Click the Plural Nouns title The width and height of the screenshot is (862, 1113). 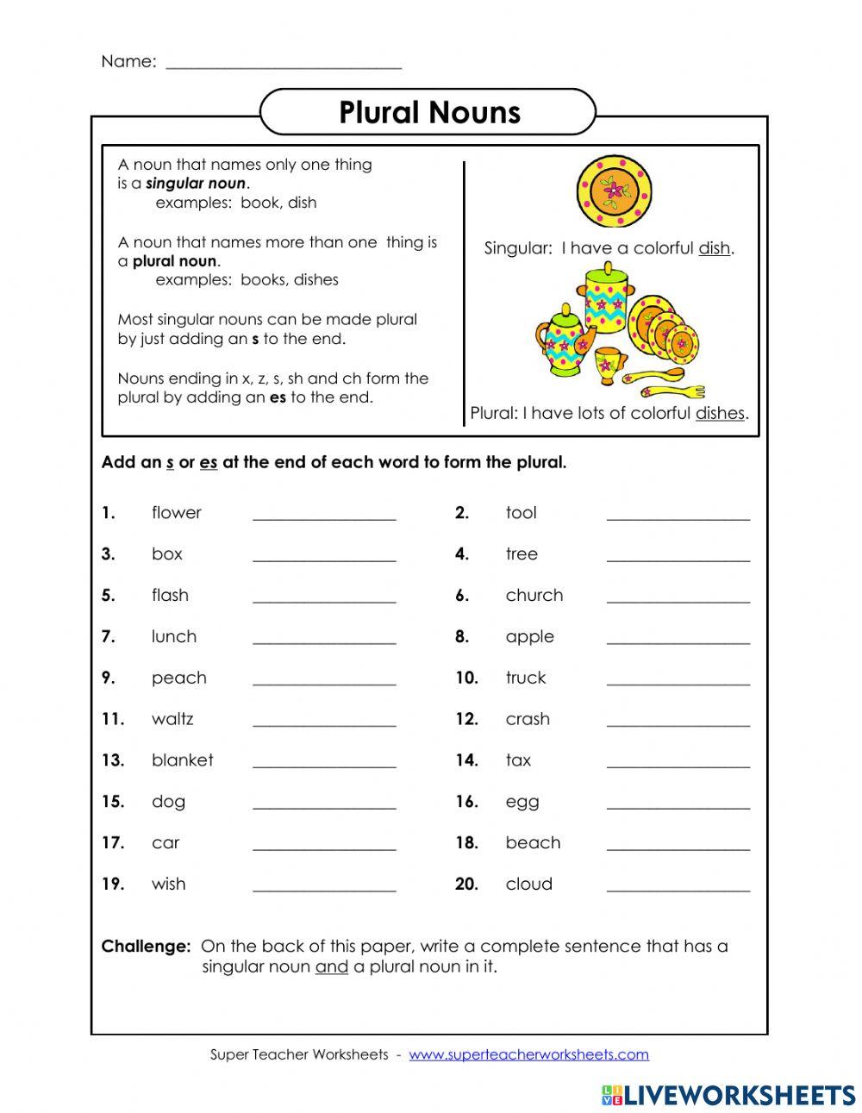coord(428,113)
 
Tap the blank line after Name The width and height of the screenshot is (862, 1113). coord(283,64)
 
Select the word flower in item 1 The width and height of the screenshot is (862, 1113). coord(176,513)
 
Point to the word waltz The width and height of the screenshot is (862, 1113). coord(172,719)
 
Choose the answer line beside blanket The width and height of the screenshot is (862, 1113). coord(324,763)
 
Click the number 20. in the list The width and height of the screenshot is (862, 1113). coord(466,885)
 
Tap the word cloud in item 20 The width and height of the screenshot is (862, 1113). coord(528,885)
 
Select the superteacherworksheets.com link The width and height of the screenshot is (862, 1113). coord(528,1054)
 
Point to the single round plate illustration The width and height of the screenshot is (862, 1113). coord(614,191)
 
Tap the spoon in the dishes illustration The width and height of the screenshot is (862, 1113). coord(664,380)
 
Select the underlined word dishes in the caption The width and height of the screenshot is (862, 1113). coord(720,414)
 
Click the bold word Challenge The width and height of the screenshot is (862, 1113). coord(146,947)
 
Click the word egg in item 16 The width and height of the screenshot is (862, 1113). coord(522,803)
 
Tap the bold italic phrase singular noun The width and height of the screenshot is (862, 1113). coord(196,184)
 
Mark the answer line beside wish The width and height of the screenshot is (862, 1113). coord(324,887)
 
